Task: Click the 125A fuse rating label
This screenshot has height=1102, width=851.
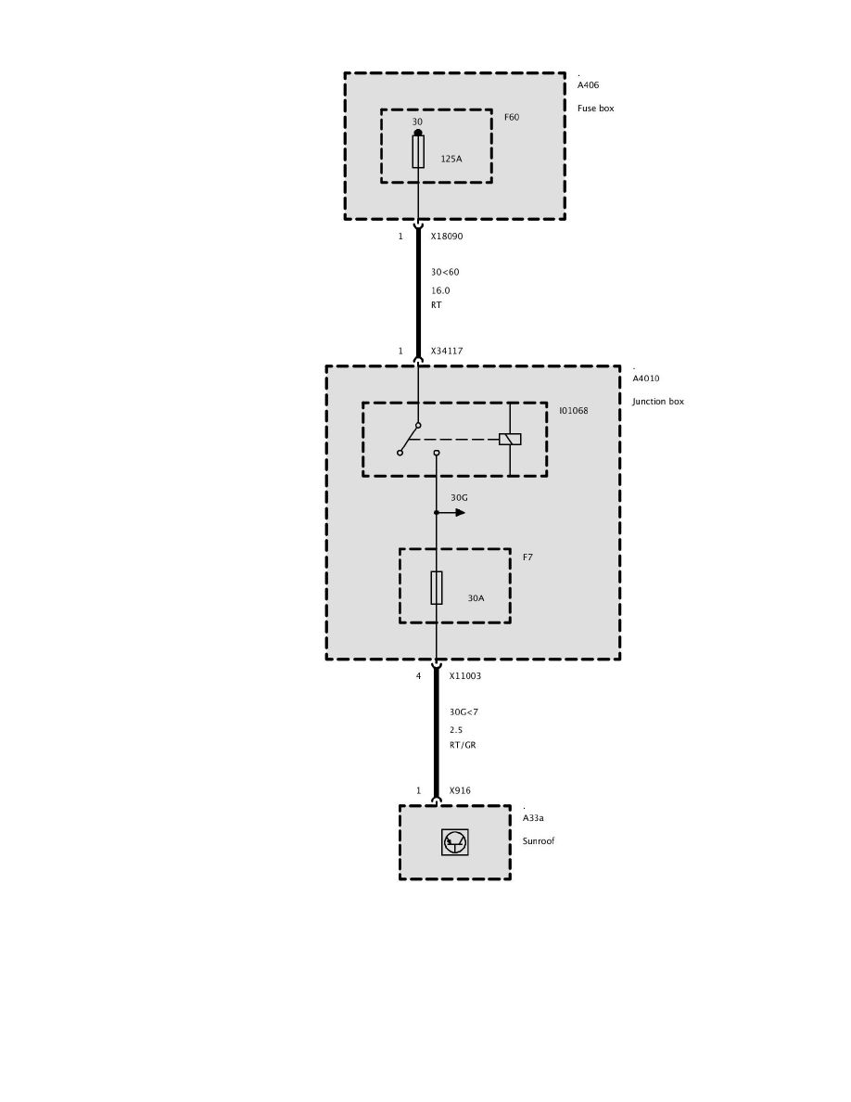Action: (451, 159)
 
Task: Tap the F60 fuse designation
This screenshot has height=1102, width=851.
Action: (512, 118)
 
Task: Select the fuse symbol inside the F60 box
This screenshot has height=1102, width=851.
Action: (418, 151)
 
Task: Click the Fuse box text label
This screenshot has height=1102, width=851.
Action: (595, 109)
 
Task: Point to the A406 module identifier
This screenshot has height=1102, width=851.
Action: (588, 85)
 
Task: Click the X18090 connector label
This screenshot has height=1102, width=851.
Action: (446, 237)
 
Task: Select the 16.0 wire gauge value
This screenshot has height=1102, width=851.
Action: (440, 290)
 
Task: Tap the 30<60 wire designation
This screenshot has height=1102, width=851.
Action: (445, 273)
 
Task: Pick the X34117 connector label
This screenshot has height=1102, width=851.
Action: (446, 352)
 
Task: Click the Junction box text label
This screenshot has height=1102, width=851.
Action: (658, 402)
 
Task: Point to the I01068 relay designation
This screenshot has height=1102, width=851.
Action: (573, 411)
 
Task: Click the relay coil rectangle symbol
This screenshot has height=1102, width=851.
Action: (510, 439)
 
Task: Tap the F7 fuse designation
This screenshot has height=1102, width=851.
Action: (527, 557)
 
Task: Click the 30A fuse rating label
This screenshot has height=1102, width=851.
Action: (476, 598)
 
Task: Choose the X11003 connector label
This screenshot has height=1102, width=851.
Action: (464, 676)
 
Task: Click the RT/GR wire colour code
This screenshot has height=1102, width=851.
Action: (463, 745)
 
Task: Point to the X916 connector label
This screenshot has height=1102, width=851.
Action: (460, 791)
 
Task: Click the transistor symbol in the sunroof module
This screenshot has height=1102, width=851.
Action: (455, 842)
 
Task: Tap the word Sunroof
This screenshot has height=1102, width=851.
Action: (539, 841)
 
